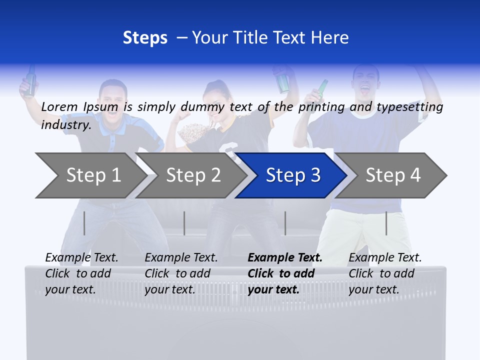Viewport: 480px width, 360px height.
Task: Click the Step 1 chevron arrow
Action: (90, 175)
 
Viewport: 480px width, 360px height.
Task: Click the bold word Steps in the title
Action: (145, 37)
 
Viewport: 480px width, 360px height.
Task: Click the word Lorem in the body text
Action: (59, 106)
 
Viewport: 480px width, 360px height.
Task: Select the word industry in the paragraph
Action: (65, 124)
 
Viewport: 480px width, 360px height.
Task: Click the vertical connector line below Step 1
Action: (84, 223)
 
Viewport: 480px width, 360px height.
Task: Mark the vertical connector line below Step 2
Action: (184, 223)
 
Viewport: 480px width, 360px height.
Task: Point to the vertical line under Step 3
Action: (285, 223)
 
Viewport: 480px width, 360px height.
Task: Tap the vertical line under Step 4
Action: (386, 223)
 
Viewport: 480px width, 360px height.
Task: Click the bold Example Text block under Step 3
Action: (285, 273)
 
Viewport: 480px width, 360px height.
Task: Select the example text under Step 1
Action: (81, 273)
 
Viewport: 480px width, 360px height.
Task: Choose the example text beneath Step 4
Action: (385, 273)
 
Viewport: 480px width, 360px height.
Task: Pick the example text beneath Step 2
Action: (181, 273)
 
